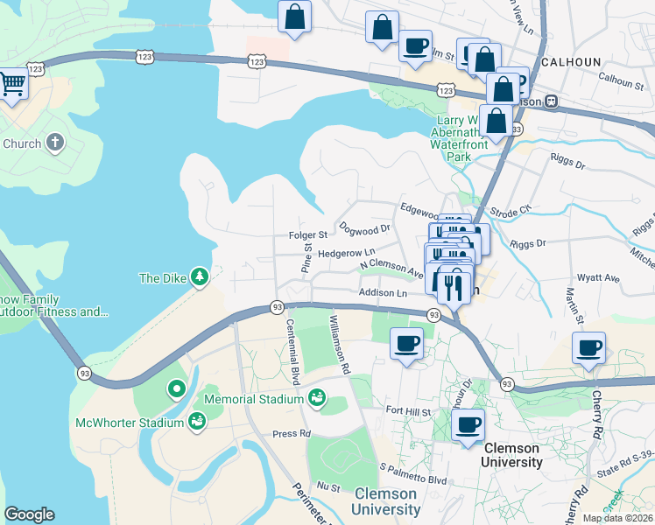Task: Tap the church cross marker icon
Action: pyautogui.click(x=54, y=143)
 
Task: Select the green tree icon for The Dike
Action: pyautogui.click(x=201, y=277)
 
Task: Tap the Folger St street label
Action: pyautogui.click(x=307, y=234)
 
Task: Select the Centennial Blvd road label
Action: pyautogui.click(x=292, y=350)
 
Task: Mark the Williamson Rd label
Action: pyautogui.click(x=339, y=344)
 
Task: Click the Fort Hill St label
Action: pyautogui.click(x=409, y=411)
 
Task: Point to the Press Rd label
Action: pyautogui.click(x=292, y=433)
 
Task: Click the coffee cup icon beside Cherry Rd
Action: pyautogui.click(x=588, y=348)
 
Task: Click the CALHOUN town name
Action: pyautogui.click(x=572, y=62)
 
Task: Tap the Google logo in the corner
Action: pyautogui.click(x=29, y=514)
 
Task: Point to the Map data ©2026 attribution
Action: pyautogui.click(x=617, y=518)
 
